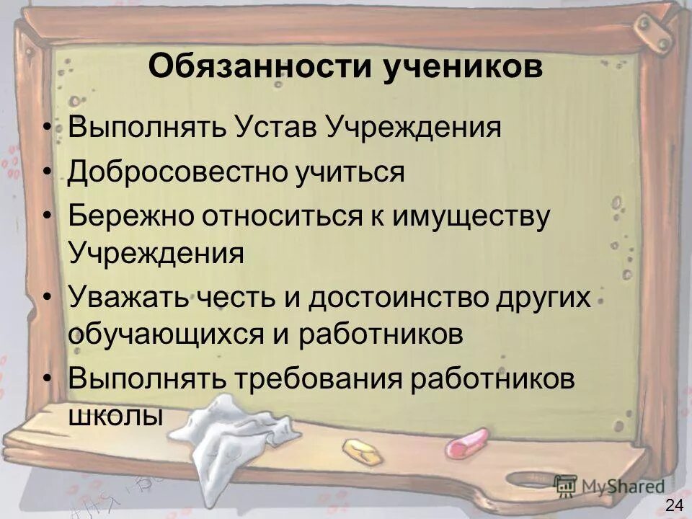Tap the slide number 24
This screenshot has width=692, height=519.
(x=675, y=505)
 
